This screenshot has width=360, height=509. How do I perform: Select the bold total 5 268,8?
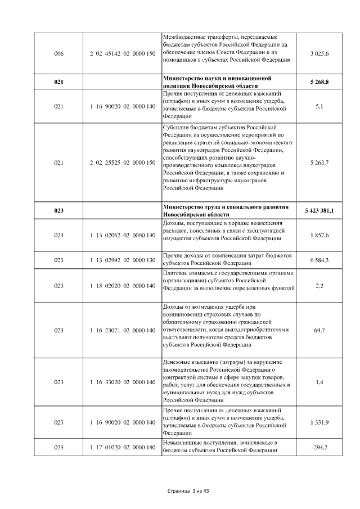(x=319, y=82)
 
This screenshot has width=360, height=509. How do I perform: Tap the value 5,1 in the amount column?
(x=319, y=106)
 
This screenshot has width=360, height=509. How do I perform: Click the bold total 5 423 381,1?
(x=319, y=210)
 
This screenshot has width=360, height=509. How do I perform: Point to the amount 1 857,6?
(x=319, y=235)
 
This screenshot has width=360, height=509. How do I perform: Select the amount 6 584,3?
(x=319, y=260)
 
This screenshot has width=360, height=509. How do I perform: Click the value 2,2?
(x=319, y=286)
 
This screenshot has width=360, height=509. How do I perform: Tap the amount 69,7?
(x=319, y=331)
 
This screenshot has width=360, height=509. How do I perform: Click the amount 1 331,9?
(x=319, y=422)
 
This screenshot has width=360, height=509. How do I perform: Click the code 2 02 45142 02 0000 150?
(x=122, y=53)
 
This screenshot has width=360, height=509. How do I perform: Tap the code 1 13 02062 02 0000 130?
(x=122, y=235)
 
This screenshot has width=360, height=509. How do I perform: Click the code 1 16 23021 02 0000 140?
(x=122, y=331)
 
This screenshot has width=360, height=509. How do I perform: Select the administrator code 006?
(x=58, y=53)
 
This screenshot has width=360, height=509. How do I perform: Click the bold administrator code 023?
(x=58, y=210)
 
